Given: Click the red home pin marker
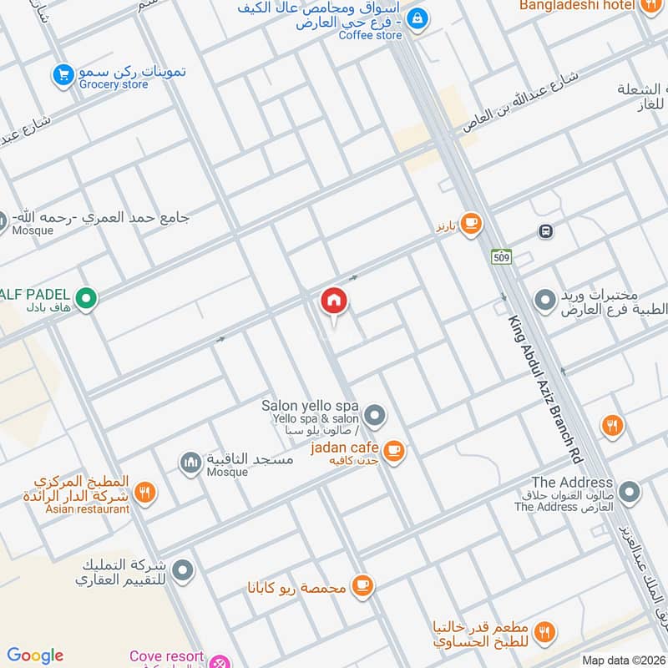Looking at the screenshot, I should pos(334,301).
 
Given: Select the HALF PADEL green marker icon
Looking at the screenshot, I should pos(84,297).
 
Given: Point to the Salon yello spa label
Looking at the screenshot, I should pos(310,405).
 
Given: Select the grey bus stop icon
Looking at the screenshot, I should pos(545,231).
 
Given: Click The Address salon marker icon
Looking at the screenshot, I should pos(629,493).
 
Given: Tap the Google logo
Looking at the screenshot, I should pos(35,655).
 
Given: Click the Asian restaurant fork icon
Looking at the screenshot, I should pos(145,493).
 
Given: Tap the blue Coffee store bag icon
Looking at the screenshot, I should pos(417,18).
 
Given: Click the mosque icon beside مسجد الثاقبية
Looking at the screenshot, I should pos(190,462).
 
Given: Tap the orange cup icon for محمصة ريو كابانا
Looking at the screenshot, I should pos(362,584).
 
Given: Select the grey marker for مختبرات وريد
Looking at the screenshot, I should pos(545,298).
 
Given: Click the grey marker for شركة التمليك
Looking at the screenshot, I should pos(182,572).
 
